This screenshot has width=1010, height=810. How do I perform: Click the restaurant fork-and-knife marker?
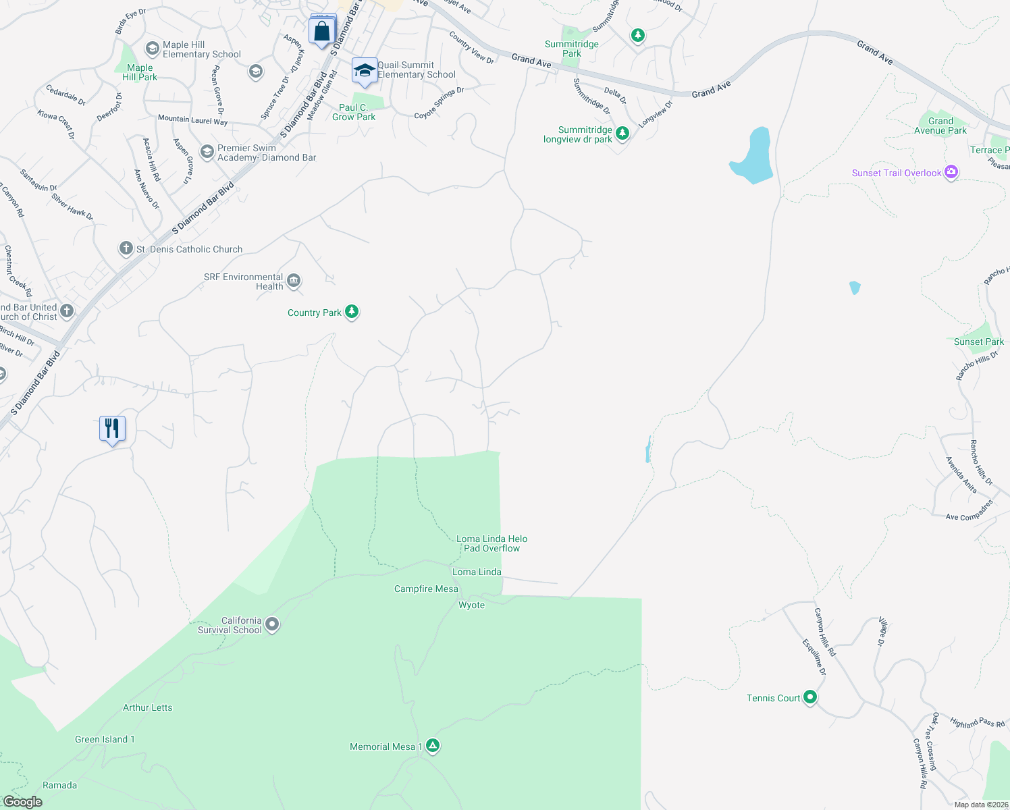pos(112,429)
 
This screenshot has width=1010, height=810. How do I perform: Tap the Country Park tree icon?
pos(352,311)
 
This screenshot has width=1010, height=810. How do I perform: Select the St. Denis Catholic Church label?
pos(189,249)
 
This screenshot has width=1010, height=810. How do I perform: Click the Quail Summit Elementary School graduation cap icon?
pos(365,70)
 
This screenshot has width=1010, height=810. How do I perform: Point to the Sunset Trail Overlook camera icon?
pos(951,172)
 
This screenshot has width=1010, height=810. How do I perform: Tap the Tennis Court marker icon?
pos(810,697)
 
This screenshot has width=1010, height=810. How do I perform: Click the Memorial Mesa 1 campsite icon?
pos(433,746)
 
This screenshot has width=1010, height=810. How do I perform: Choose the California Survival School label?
pos(230,625)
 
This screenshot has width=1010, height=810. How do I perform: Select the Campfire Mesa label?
pos(426,589)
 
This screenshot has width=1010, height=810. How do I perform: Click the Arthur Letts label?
pos(147,707)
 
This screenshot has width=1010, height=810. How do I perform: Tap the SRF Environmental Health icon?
pos(293,281)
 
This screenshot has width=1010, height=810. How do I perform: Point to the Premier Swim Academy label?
pos(267,153)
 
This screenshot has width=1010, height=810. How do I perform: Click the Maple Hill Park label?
pos(140,72)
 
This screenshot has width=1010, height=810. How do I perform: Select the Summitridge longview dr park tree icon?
pos(622,133)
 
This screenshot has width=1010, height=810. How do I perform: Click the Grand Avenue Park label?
pos(940,126)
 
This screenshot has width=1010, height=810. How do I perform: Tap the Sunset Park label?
pos(978,342)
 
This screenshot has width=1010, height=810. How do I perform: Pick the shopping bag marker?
pos(322,31)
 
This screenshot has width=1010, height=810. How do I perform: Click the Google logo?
pos(23,801)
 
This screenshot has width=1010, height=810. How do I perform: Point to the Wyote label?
pos(471,605)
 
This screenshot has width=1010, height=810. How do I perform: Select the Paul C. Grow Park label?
pos(354,112)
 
